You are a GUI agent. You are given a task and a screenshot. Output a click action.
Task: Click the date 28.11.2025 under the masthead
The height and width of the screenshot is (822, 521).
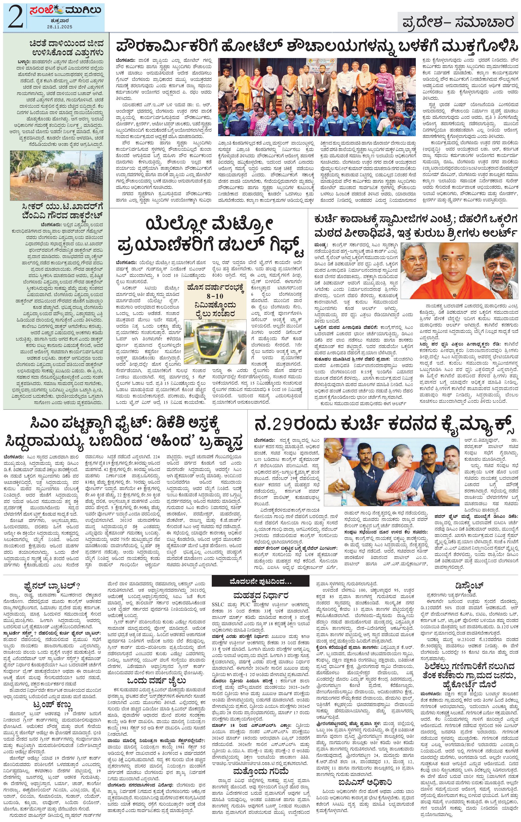coord(62,27)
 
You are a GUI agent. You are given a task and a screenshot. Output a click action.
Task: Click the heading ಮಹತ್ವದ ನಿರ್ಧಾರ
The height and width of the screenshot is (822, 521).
coord(260,595)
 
